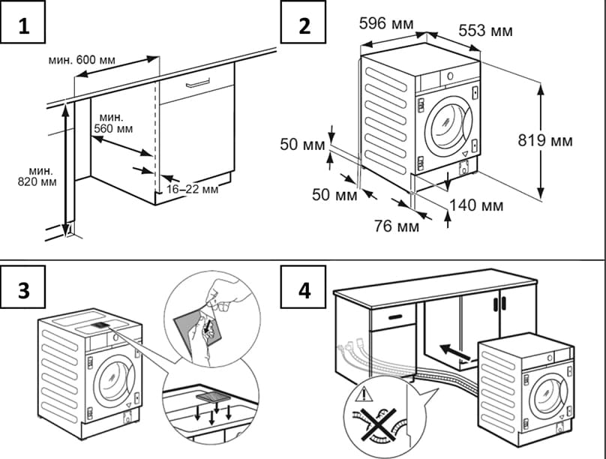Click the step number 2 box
pos(304,26)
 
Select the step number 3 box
pos(25,289)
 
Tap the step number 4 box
pos(304,289)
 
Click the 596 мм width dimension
pos(386,23)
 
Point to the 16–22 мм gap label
pos(192,190)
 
